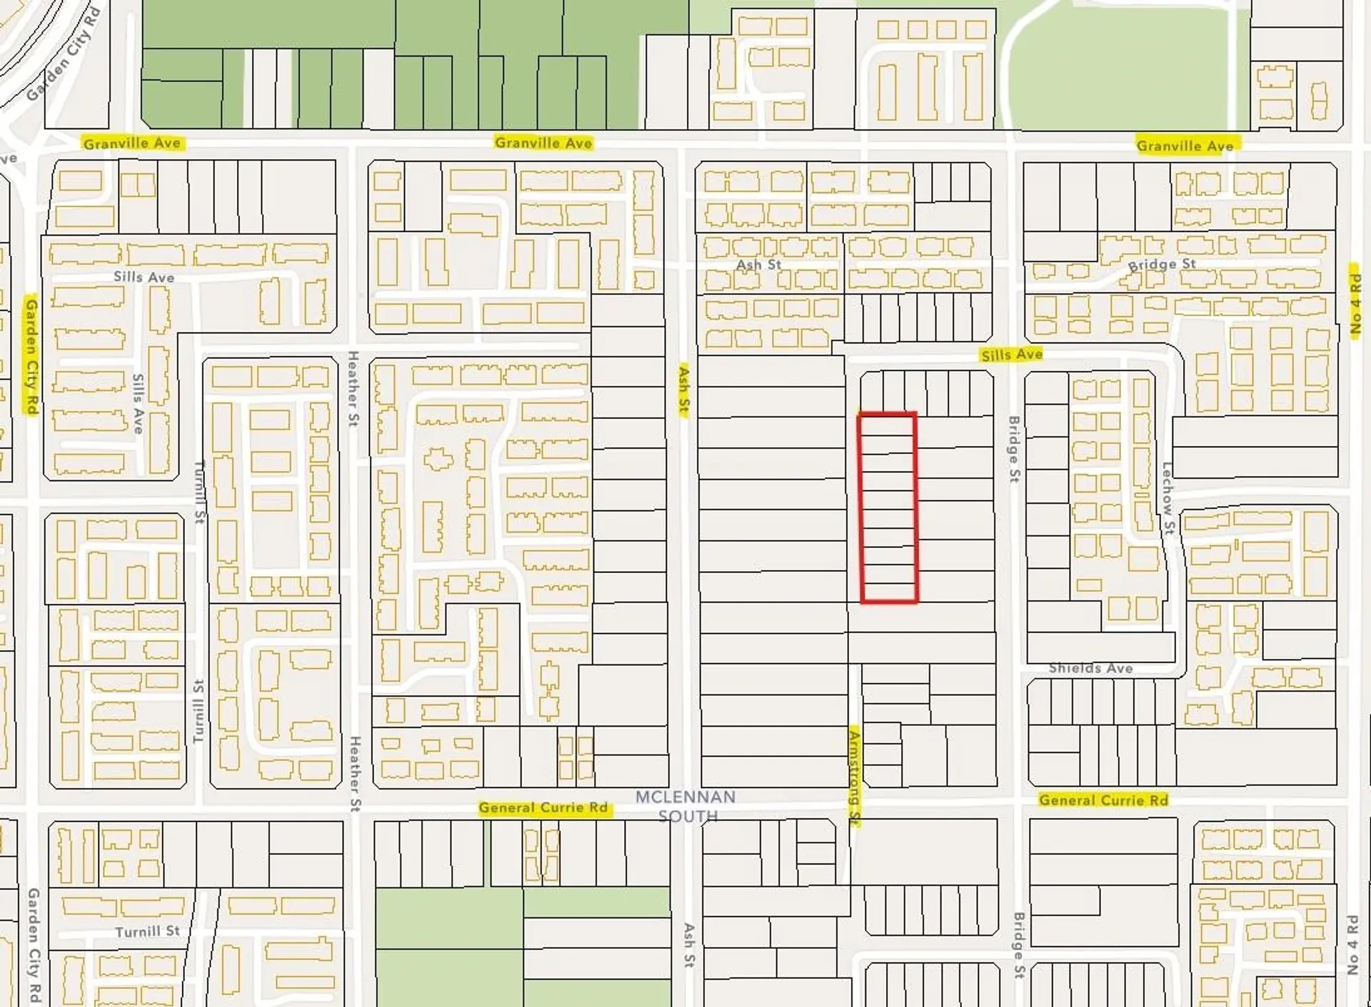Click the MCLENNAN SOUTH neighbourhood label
(685, 806)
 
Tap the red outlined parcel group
(888, 507)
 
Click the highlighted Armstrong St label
(854, 777)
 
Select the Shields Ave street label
(1090, 668)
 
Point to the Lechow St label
(1167, 498)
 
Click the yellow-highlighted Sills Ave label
(1011, 355)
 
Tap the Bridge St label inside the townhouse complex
(1161, 264)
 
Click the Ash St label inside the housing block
(758, 265)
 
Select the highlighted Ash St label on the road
(684, 392)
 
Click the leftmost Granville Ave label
(132, 143)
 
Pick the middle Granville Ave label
(543, 143)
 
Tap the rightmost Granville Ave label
(1185, 146)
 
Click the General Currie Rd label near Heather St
(543, 807)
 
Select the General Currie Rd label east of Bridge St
(1103, 800)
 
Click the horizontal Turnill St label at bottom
(148, 931)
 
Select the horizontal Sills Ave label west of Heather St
(144, 276)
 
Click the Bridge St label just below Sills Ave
(1014, 449)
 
